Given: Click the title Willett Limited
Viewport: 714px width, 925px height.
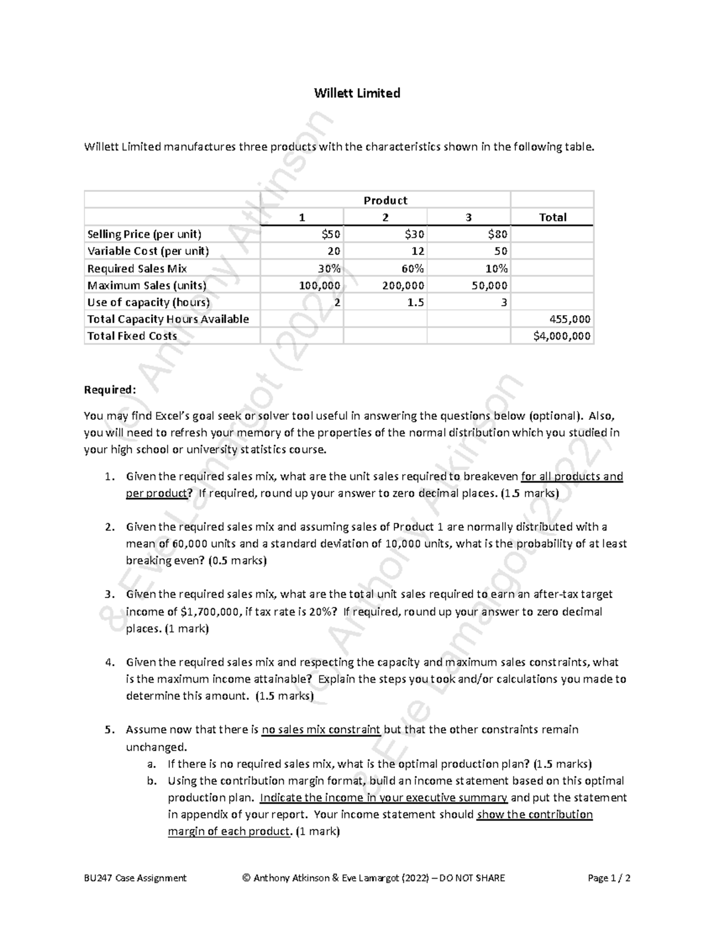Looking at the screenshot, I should tap(357, 93).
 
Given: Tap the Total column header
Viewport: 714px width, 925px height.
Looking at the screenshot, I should tap(552, 217).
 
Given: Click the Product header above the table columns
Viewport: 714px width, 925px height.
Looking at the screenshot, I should tap(385, 200).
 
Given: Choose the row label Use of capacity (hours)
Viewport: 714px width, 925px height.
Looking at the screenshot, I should tap(148, 302).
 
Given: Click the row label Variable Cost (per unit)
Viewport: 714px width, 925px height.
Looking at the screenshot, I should tap(148, 251).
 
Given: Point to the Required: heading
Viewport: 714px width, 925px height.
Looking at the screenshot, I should tap(110, 390).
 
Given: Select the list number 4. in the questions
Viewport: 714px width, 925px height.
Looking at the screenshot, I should tap(109, 662).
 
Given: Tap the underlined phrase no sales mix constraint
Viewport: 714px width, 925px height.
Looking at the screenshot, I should tap(321, 730).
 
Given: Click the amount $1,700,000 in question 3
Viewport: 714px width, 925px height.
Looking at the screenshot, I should tap(210, 612).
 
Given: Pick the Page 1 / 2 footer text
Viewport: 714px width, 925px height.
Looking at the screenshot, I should tap(609, 878).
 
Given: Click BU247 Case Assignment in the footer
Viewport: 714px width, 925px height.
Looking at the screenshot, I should tap(135, 878).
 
